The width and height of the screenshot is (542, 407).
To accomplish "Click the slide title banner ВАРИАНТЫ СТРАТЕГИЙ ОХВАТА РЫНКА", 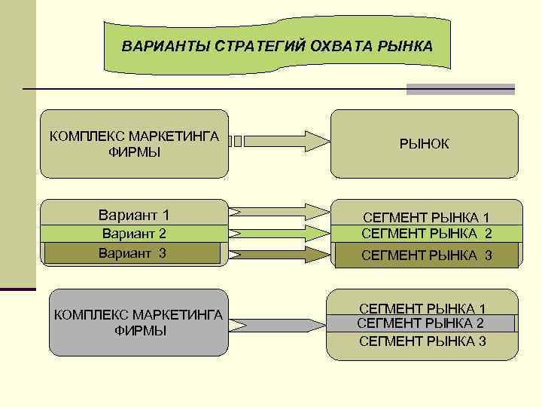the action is [277, 47].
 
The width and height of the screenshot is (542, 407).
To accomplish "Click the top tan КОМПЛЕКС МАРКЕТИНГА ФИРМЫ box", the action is [134, 144].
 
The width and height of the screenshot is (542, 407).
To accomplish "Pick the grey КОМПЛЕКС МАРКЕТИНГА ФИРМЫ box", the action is [139, 322].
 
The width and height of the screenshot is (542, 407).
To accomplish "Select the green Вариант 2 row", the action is [134, 234].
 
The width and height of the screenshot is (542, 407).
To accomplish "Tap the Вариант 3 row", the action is [134, 253].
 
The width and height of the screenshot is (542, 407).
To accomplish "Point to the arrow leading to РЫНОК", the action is [280, 141].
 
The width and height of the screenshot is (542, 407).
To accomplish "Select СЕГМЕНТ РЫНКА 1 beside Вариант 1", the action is [426, 217].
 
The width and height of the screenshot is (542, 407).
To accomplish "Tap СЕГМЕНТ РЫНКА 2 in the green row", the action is [426, 233].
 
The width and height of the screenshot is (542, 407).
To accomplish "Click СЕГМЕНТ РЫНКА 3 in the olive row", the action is [426, 256].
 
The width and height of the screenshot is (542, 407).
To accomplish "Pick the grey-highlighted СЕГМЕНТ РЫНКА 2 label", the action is [421, 323].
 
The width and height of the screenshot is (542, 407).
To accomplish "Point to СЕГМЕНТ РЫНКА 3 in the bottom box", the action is [422, 341].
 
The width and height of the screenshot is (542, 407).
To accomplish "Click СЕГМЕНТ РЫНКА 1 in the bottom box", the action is [422, 308].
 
